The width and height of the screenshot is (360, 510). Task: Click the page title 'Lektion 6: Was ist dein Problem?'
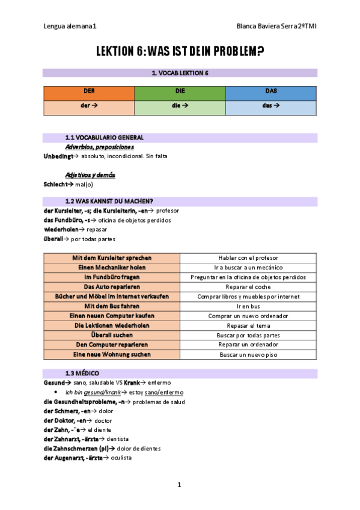[180, 52]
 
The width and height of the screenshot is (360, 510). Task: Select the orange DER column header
[89, 93]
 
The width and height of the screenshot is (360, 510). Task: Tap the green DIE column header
[180, 93]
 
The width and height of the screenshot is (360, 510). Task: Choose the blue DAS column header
[270, 93]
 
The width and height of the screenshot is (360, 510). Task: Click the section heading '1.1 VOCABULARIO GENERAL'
[104, 138]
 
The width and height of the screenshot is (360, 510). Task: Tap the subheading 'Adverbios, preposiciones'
[99, 147]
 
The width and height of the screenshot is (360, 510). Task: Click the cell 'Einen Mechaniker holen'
[112, 267]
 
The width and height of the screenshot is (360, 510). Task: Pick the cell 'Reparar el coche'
[248, 287]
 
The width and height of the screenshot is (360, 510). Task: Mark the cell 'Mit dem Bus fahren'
[112, 306]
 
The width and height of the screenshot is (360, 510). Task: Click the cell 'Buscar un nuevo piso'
[248, 355]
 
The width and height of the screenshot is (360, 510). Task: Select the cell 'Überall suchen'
[112, 335]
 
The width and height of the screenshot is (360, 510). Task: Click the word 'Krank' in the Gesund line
[133, 382]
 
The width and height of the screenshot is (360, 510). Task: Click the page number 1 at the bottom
[179, 485]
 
